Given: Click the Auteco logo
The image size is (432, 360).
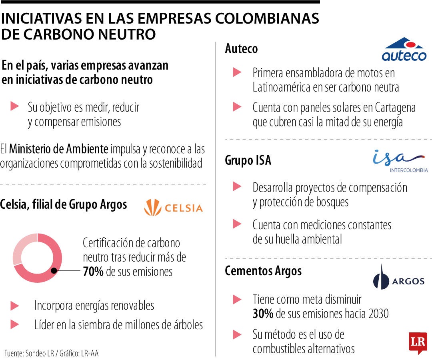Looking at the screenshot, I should coord(404,50).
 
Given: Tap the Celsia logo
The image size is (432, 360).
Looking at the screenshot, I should coord(173,208).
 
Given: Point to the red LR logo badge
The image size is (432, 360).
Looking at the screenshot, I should coord(418,342).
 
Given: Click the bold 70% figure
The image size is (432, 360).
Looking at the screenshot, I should coord(93,272).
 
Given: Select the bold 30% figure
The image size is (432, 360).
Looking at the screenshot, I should coord(263,314).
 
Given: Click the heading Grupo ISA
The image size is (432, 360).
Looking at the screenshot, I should coord(248,160).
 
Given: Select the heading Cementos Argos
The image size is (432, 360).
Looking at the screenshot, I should coord(263,271).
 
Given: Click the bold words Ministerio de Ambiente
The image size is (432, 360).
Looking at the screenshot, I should coord(58,149).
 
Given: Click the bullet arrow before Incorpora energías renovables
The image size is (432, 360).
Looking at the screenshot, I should coord(15,306).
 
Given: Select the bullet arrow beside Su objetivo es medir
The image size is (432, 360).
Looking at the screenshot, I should coord(15,106).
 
